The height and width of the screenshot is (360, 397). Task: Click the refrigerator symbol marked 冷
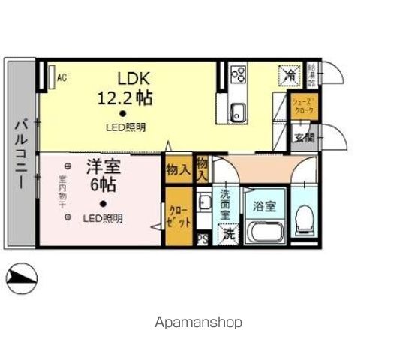click(288, 75)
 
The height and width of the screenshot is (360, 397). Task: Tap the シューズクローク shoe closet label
click(303, 106)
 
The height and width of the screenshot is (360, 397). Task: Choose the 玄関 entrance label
click(303, 137)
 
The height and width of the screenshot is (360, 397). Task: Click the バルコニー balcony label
click(20, 153)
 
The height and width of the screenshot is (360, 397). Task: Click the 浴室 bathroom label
click(264, 205)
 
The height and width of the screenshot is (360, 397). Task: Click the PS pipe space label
click(202, 239)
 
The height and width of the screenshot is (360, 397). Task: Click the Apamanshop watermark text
click(198, 322)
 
